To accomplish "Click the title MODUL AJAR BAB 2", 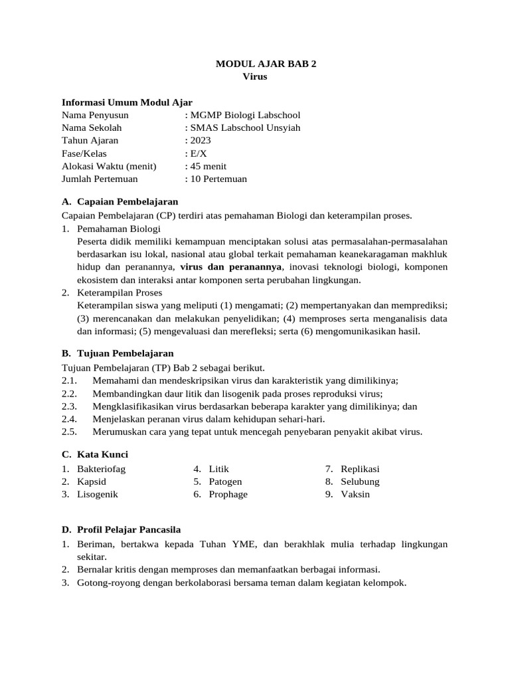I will click(262, 64).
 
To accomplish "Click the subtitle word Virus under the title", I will click(255, 76).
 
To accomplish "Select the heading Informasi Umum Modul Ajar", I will click(127, 102).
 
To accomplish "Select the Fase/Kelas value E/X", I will click(198, 153).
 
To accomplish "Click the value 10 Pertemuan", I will click(218, 179).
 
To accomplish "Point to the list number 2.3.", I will click(70, 406).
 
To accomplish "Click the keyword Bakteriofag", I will click(102, 468).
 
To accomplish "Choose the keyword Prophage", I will click(228, 494).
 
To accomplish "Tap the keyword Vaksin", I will click(356, 494).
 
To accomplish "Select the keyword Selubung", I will click(360, 481).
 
